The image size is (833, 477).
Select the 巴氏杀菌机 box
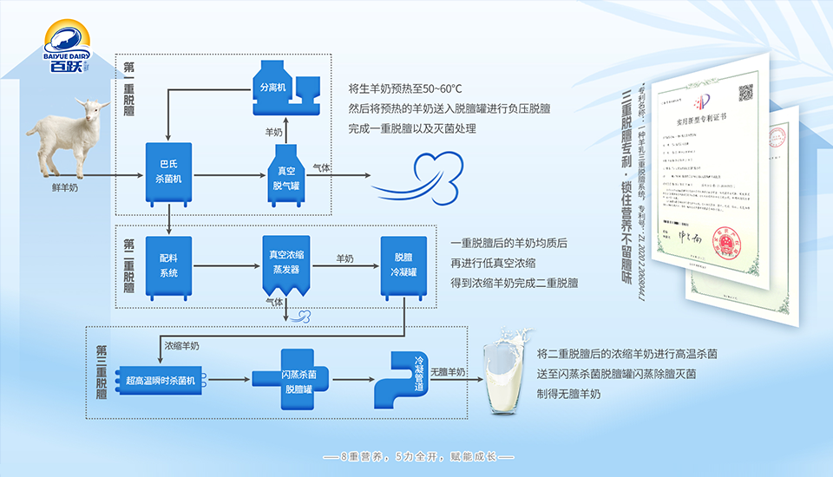tap(168, 173)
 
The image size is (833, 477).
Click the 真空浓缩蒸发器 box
tap(285, 265)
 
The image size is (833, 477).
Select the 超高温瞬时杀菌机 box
tap(162, 379)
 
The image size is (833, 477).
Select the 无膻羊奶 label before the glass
tap(448, 373)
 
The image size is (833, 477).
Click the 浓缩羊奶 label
tap(181, 345)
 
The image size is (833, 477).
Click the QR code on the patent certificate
tap(744, 93)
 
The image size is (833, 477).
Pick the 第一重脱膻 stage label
tap(128, 89)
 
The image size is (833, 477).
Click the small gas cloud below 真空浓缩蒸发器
tap(304, 317)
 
